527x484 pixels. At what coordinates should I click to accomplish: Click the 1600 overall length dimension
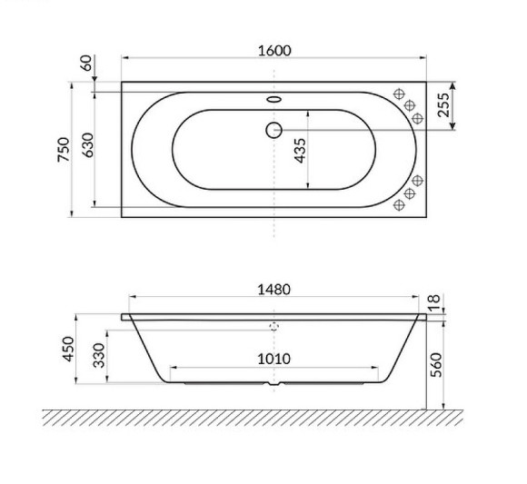[x=273, y=51]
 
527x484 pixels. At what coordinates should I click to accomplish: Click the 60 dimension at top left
[x=86, y=64]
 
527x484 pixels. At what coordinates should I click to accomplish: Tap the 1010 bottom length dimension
[x=273, y=359]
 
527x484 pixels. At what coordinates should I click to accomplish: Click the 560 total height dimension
[x=435, y=363]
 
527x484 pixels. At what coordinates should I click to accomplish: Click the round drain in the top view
[x=273, y=130]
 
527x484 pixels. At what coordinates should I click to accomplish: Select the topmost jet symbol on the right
[x=398, y=94]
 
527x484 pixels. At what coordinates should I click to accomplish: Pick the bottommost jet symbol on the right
[x=398, y=206]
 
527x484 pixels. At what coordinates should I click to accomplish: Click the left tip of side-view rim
[x=123, y=317]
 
